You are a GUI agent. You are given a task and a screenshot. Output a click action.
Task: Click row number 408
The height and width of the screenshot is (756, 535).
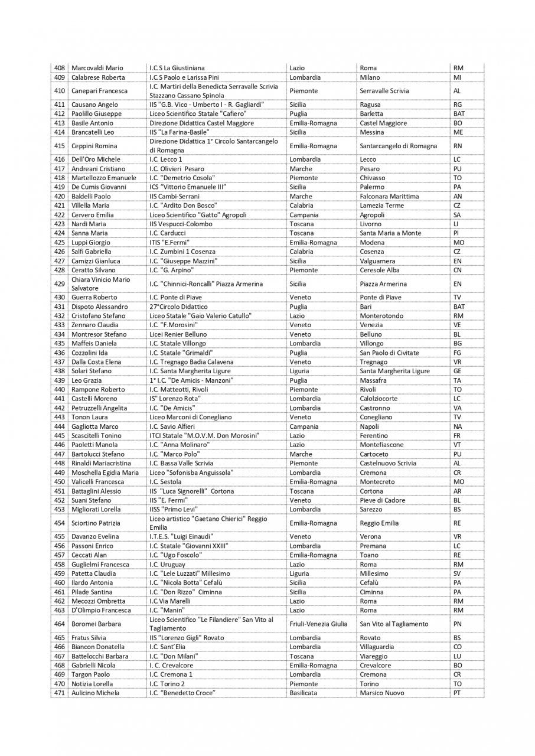tap(59, 68)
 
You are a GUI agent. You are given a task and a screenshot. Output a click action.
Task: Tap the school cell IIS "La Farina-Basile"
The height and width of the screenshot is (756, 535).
tap(178, 132)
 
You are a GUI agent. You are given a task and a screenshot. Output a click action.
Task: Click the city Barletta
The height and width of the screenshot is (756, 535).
tap(371, 113)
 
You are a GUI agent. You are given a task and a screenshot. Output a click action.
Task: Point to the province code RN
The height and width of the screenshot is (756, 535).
tap(457, 146)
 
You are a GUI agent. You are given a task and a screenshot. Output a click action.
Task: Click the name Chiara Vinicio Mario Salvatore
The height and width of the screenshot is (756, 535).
tap(100, 283)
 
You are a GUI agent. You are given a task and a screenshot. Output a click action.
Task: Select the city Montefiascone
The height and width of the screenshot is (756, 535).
tap(381, 445)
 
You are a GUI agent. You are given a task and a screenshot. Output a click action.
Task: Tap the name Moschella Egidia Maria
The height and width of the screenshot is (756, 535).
tap(105, 472)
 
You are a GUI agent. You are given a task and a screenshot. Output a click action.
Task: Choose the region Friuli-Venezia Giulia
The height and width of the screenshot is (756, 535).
tap(318, 624)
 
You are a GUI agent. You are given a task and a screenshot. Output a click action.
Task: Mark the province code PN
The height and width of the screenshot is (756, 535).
tap(457, 624)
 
